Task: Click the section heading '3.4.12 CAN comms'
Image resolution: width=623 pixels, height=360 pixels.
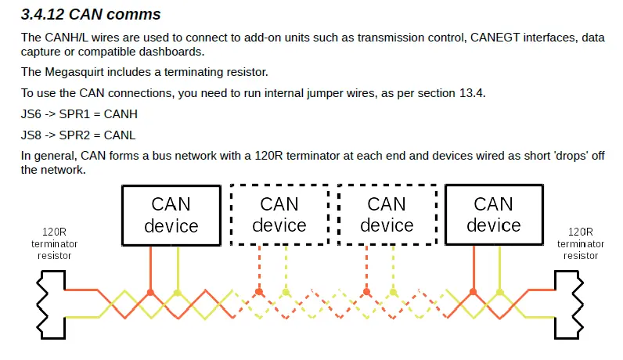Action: (91, 14)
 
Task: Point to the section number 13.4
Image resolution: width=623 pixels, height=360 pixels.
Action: (472, 93)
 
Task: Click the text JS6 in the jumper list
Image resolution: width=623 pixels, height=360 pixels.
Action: (31, 114)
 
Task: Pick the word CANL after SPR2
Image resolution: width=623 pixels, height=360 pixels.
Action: (119, 135)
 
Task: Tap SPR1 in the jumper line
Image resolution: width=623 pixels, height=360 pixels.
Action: (74, 114)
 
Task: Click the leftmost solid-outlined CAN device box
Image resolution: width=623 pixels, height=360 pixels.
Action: (171, 215)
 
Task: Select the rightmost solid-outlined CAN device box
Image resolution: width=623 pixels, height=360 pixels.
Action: (494, 214)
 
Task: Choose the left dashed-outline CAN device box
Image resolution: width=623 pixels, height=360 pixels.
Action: (279, 214)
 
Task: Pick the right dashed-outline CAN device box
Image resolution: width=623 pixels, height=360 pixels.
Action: (387, 214)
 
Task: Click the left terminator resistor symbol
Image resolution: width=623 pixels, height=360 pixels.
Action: (51, 304)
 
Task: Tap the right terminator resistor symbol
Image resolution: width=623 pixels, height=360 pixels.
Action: (569, 304)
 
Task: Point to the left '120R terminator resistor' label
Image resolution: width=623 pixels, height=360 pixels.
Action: (55, 243)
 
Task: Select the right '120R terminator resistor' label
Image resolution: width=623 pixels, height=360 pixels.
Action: (581, 243)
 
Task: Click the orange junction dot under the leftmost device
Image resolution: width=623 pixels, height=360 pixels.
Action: (150, 293)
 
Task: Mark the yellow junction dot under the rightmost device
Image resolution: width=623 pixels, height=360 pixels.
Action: (500, 293)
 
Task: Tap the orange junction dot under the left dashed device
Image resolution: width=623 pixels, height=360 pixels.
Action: (259, 292)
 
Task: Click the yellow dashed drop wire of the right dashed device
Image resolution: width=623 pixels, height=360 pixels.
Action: (393, 268)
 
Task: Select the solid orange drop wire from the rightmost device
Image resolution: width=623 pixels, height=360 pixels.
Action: (474, 268)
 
